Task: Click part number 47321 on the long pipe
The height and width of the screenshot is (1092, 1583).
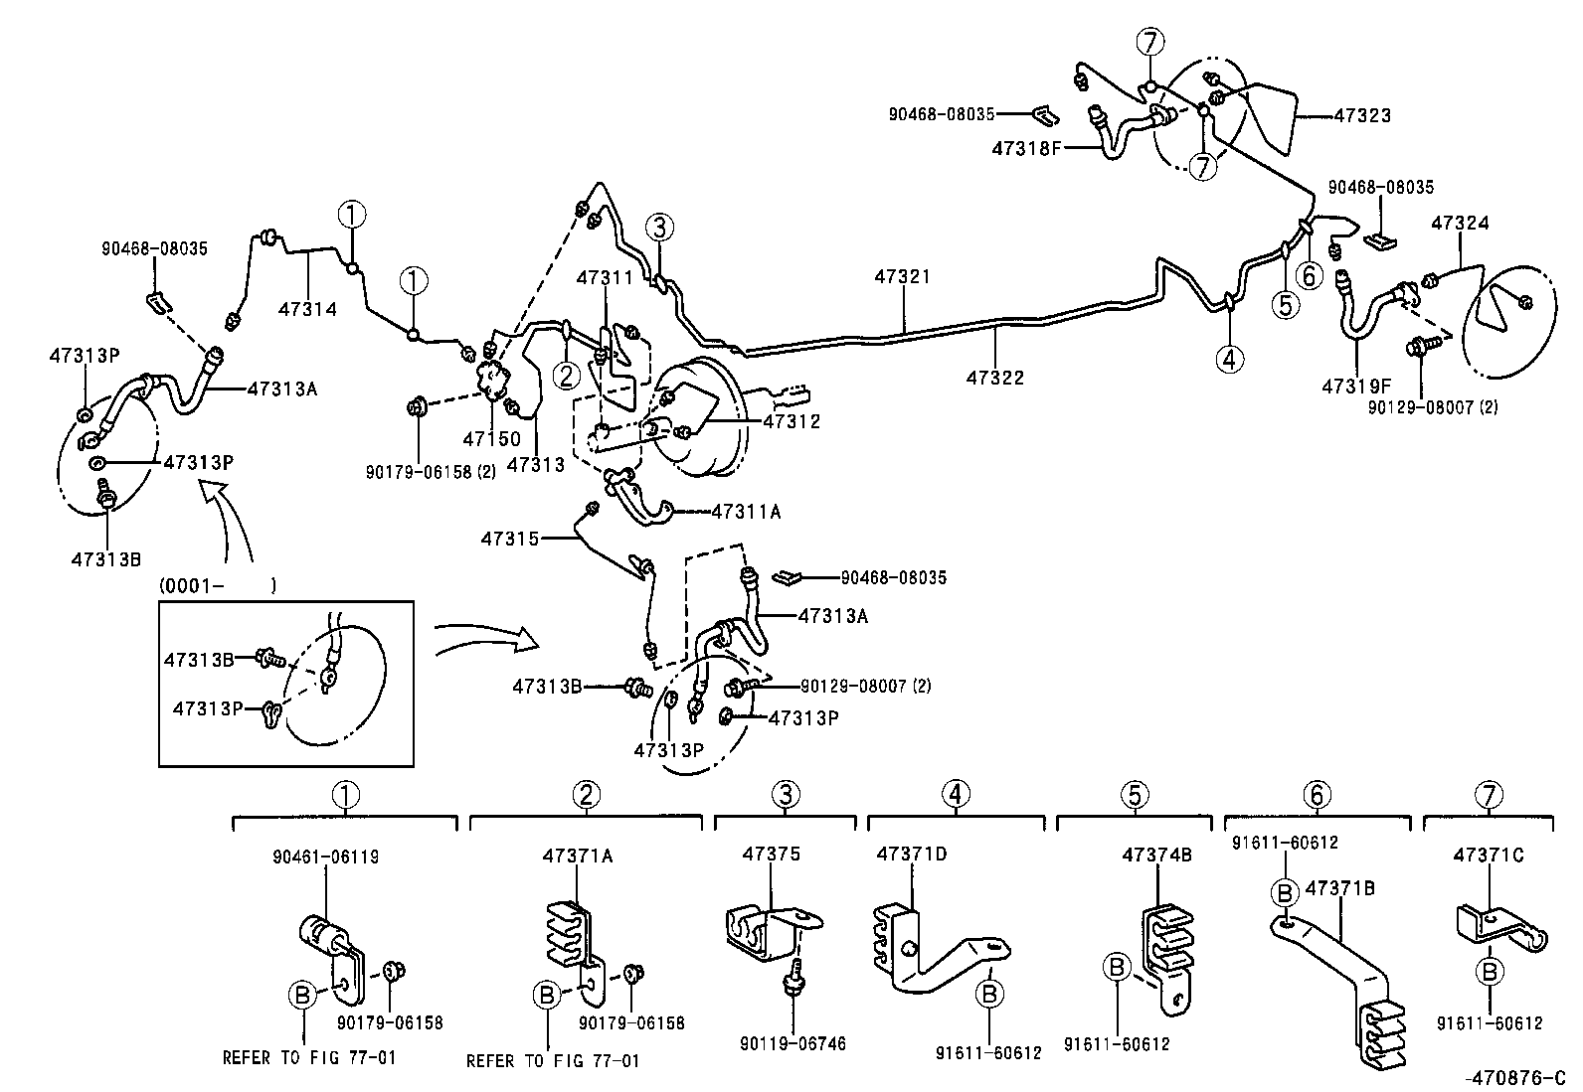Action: coord(902,276)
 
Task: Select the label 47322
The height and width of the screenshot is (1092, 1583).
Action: coord(994,378)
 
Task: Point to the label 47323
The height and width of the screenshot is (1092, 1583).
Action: coord(1361,115)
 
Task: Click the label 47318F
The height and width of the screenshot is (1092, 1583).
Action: coord(1026,149)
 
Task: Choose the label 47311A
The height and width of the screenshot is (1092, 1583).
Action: coord(746,512)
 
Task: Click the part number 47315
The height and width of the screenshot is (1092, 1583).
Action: coord(509,539)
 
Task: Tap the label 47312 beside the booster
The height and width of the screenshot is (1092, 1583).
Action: coord(791,421)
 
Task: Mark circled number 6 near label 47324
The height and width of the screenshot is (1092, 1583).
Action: coord(1310,275)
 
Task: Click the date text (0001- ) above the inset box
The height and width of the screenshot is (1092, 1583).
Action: coord(217,586)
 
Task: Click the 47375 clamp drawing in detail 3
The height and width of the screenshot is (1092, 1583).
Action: coord(766,930)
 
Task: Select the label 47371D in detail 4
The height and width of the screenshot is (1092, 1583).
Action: coord(912,854)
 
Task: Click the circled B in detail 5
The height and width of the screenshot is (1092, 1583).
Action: coord(1117,966)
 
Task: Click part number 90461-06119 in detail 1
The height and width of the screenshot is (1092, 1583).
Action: coord(325,857)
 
